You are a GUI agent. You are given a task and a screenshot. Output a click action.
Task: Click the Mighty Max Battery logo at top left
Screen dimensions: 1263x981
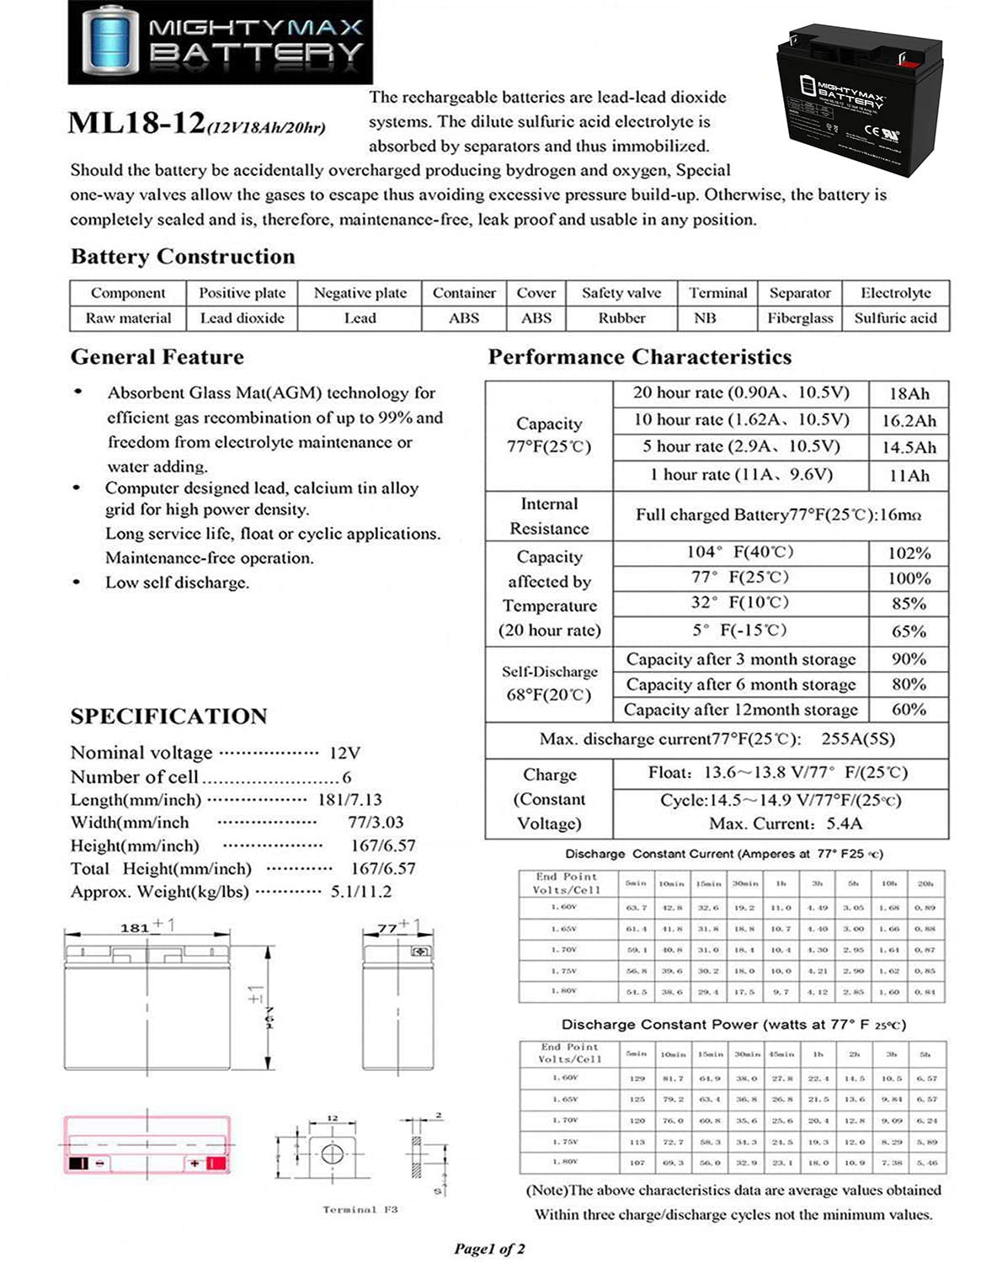(220, 42)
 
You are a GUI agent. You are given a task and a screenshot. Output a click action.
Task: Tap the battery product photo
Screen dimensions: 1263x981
(860, 101)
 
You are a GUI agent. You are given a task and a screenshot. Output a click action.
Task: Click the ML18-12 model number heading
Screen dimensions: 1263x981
(136, 123)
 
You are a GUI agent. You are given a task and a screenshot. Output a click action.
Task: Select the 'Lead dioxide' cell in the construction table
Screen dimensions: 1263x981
(242, 318)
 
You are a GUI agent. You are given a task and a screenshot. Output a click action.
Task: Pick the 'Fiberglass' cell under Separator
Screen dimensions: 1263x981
(799, 318)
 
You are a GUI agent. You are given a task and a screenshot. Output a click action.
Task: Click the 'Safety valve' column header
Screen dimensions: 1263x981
(621, 293)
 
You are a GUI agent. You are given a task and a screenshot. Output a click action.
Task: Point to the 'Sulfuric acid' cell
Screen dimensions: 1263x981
(895, 318)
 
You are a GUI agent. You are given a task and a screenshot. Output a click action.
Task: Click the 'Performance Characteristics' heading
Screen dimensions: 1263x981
(639, 357)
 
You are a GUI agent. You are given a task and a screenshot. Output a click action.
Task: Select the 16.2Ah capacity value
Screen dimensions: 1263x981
(909, 421)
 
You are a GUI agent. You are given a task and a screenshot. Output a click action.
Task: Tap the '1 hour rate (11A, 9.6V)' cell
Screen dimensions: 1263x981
(741, 475)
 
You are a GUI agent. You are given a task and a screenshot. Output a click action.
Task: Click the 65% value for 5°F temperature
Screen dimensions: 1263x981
(909, 631)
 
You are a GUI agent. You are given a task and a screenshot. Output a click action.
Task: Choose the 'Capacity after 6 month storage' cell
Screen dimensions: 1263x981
(740, 685)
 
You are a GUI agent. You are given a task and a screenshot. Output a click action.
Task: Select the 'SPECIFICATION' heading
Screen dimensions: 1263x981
(168, 717)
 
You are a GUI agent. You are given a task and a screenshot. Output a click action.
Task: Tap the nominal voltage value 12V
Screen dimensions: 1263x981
(344, 753)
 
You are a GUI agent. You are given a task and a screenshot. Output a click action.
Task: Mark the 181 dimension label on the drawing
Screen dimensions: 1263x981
(135, 928)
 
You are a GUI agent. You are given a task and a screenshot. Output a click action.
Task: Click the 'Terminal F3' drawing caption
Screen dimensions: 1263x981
(360, 1209)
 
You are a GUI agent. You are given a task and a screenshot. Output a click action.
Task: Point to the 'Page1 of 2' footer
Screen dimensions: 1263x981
(489, 1249)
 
